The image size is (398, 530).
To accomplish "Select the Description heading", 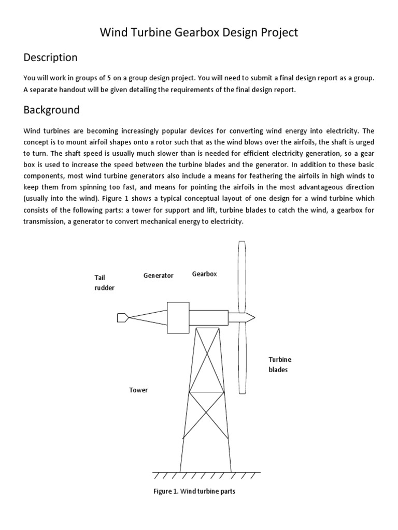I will tap(50, 57).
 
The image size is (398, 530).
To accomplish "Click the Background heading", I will tap(51, 110).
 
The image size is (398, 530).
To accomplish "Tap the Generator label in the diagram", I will tap(158, 275).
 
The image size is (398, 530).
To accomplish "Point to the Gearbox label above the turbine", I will tap(204, 273).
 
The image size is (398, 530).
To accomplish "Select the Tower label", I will tap(138, 390).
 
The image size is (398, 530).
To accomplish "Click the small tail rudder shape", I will tap(123, 317).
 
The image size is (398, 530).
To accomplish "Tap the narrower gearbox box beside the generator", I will tap(210, 317).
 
